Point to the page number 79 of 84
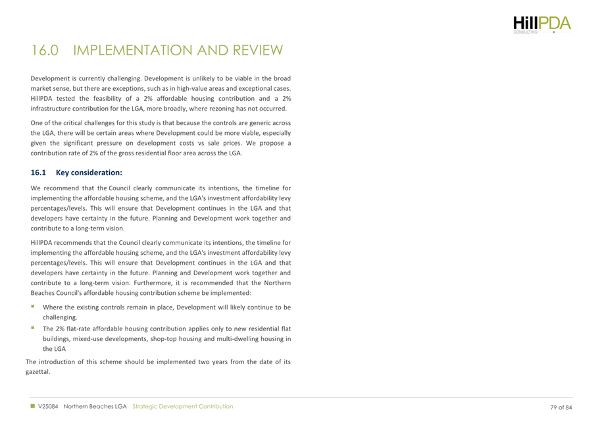pyautogui.click(x=561, y=407)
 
